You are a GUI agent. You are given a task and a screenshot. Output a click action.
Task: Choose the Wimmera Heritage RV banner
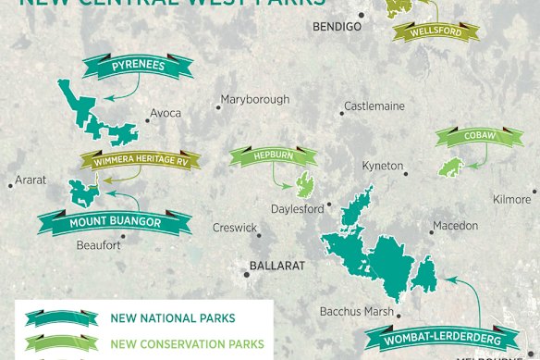pyautogui.click(x=140, y=161)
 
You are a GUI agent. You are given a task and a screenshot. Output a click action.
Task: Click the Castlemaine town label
pyautogui.click(x=374, y=106)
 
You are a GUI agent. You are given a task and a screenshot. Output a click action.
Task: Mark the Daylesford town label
pyautogui.click(x=297, y=208)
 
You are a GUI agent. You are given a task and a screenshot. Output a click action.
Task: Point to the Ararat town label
pyautogui.click(x=30, y=180)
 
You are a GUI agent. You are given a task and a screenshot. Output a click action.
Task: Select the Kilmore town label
pyautogui.click(x=512, y=199)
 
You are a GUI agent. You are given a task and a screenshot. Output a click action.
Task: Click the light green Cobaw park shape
pyautogui.click(x=451, y=168)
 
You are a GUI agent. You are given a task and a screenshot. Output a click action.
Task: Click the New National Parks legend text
pyautogui.click(x=165, y=318)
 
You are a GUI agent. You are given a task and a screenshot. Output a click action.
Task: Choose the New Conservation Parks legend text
pyautogui.click(x=186, y=344)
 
